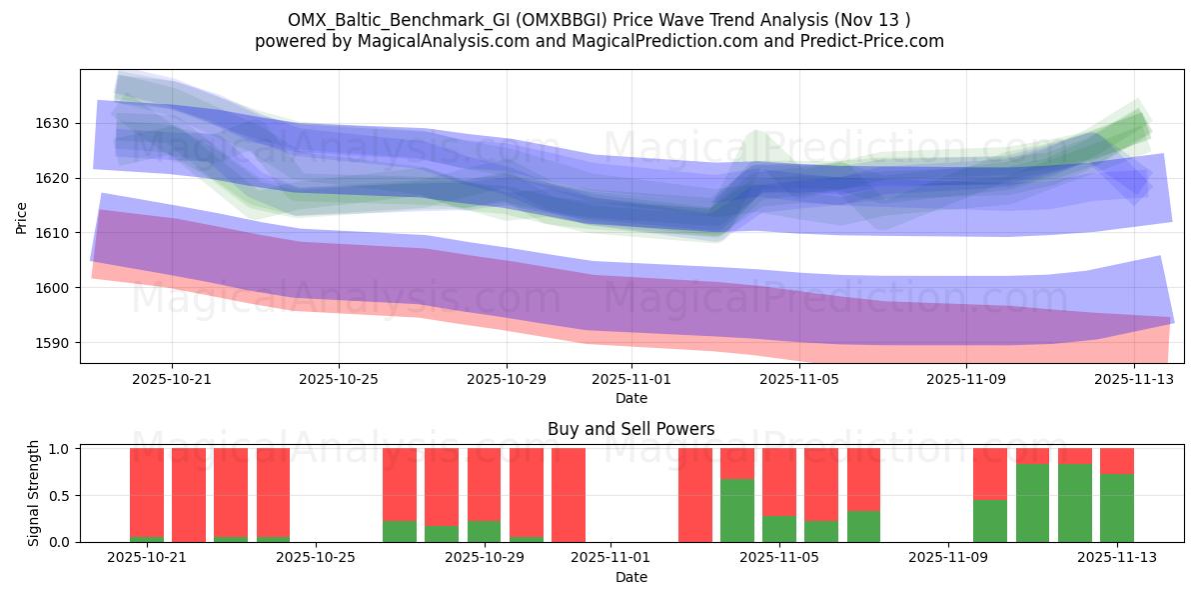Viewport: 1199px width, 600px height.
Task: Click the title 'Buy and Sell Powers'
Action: (x=630, y=429)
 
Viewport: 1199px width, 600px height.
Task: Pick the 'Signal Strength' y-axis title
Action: (x=34, y=493)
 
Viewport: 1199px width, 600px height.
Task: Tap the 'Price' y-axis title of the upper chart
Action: (x=22, y=216)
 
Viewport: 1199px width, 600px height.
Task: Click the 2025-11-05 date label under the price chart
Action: (x=798, y=379)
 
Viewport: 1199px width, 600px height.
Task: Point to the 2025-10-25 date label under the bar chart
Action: (x=316, y=558)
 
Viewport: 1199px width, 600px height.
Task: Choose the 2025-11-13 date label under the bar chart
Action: (x=1116, y=558)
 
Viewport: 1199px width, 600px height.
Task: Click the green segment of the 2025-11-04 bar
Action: (x=737, y=510)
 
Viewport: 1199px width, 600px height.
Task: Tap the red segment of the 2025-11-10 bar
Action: (x=990, y=473)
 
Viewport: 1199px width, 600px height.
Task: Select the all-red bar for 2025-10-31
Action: (x=569, y=495)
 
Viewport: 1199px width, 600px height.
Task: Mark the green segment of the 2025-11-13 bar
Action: (x=1116, y=508)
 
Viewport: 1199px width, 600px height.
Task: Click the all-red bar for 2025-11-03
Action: (x=695, y=495)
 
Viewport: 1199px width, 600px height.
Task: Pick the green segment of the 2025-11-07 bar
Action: (x=863, y=526)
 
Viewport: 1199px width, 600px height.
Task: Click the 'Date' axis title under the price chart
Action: (x=630, y=398)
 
